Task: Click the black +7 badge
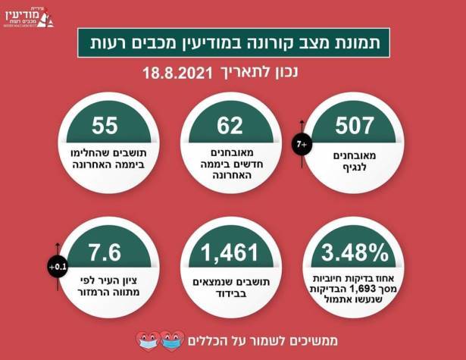pyautogui.click(x=301, y=142)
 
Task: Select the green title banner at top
pyautogui.click(x=233, y=44)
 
